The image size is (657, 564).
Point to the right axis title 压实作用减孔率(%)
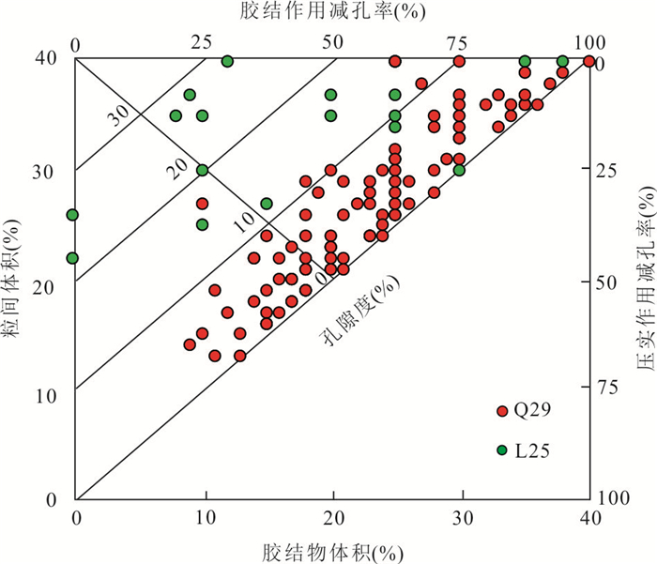click(x=646, y=282)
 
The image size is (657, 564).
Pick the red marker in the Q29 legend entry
click(x=502, y=410)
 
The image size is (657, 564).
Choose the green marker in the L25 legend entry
click(x=502, y=450)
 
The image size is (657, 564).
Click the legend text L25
click(x=532, y=450)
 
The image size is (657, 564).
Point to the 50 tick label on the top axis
click(x=331, y=41)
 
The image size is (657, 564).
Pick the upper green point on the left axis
click(x=72, y=215)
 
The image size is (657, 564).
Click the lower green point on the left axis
click(x=72, y=258)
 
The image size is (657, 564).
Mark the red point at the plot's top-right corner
click(x=588, y=62)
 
